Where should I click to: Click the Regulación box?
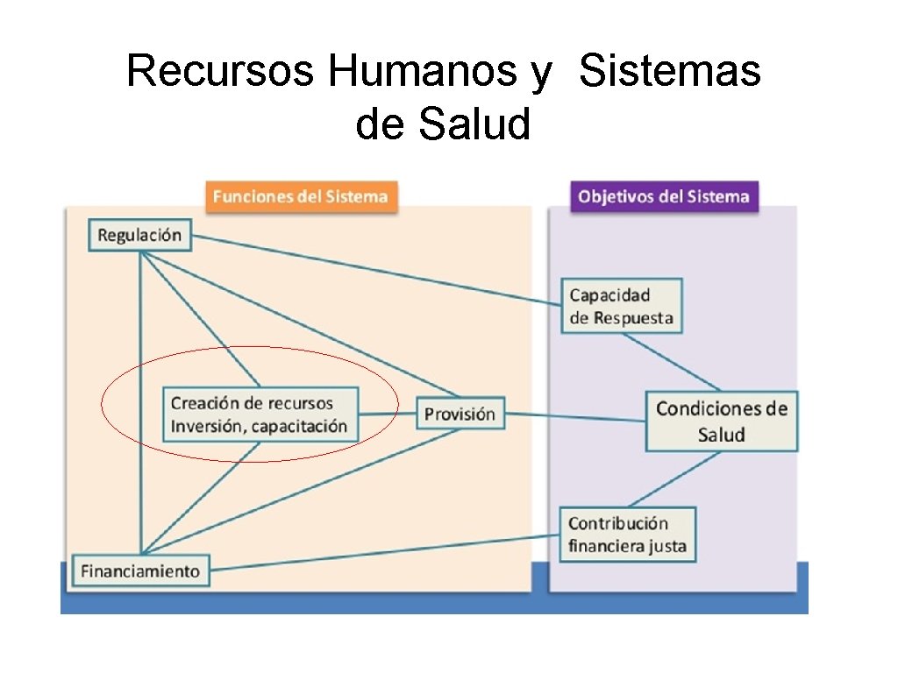139,235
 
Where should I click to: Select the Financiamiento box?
140,571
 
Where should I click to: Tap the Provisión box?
460,414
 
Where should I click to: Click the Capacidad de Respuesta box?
621,306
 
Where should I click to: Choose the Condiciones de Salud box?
721,422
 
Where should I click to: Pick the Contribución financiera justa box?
627,535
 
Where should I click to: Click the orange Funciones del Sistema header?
300,195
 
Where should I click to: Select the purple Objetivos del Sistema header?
664,195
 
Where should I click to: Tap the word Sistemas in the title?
670,71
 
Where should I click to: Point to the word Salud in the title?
474,124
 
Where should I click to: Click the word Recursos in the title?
220,71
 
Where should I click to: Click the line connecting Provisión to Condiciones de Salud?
575,417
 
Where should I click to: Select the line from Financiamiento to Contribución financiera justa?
386,552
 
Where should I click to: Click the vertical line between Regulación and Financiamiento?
140,403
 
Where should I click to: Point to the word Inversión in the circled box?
207,427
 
